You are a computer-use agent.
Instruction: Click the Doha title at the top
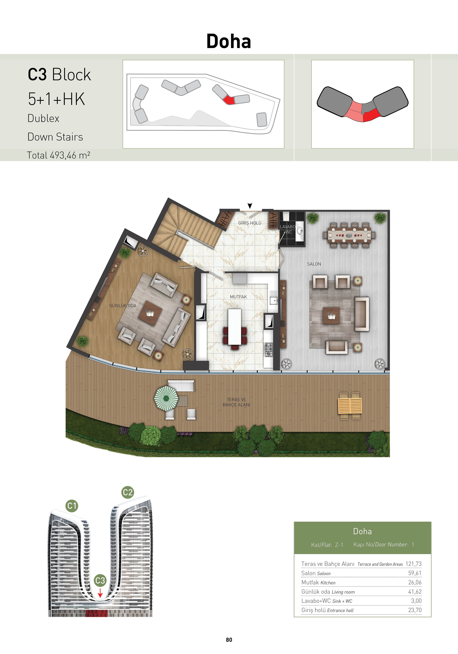pos(229,41)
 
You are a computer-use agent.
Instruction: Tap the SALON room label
pos(314,264)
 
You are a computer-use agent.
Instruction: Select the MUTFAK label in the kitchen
pos(238,297)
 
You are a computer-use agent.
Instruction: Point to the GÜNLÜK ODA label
pos(123,306)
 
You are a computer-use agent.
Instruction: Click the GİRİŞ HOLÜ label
pos(250,223)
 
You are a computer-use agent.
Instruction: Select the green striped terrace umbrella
pos(166,398)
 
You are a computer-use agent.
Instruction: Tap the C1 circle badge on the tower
pos(72,506)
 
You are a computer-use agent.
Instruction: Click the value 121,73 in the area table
pos(413,564)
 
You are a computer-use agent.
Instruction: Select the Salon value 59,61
pos(415,573)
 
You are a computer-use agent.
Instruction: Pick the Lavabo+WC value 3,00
pos(416,601)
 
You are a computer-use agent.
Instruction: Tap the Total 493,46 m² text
pos(58,155)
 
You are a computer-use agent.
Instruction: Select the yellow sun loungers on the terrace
pos(350,406)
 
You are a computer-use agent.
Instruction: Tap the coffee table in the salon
pos(331,316)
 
